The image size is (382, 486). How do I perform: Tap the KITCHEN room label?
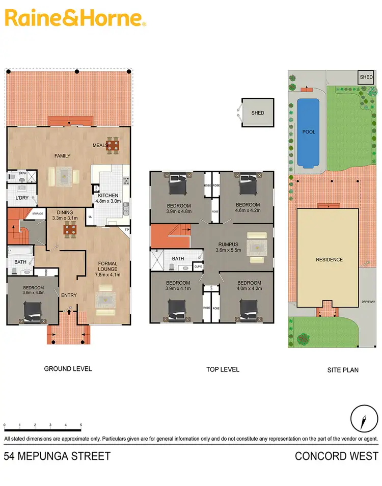tap(108, 196)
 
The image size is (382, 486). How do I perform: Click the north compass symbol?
tap(364, 421)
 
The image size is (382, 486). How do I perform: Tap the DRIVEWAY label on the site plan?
tap(368, 302)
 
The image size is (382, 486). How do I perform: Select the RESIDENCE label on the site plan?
tap(329, 260)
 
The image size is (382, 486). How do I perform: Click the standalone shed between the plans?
tap(258, 112)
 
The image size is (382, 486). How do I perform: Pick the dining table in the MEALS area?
tap(113, 146)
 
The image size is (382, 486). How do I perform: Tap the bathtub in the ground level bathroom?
tap(20, 251)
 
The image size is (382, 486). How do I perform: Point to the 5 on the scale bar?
tap(81, 425)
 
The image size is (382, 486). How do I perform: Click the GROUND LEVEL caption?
tap(68, 368)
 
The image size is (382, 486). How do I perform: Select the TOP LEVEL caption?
tap(223, 369)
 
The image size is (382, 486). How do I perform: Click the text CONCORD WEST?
tap(337, 456)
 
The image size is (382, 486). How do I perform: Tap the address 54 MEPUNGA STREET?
tap(57, 456)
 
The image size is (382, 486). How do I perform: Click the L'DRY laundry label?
tap(21, 198)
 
